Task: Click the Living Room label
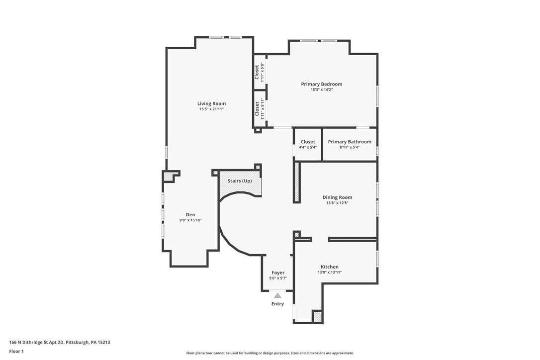pyautogui.click(x=211, y=103)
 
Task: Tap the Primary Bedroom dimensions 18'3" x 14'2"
pyautogui.click(x=321, y=90)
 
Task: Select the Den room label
pyautogui.click(x=190, y=214)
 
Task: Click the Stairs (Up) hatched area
pyautogui.click(x=240, y=184)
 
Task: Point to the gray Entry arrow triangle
pyautogui.click(x=277, y=295)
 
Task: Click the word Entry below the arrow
pyautogui.click(x=277, y=304)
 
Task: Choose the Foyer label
pyautogui.click(x=278, y=272)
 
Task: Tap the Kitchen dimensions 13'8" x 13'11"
pyautogui.click(x=329, y=272)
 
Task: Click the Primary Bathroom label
pyautogui.click(x=349, y=142)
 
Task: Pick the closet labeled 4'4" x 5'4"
pyautogui.click(x=307, y=144)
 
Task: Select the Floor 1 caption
pyautogui.click(x=16, y=351)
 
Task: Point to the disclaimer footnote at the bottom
pyautogui.click(x=270, y=353)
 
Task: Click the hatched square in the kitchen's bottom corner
pyautogui.click(x=317, y=316)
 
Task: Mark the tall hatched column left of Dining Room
pyautogui.click(x=297, y=182)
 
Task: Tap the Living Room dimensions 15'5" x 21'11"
pyautogui.click(x=211, y=109)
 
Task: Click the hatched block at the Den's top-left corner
pyautogui.click(x=170, y=176)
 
